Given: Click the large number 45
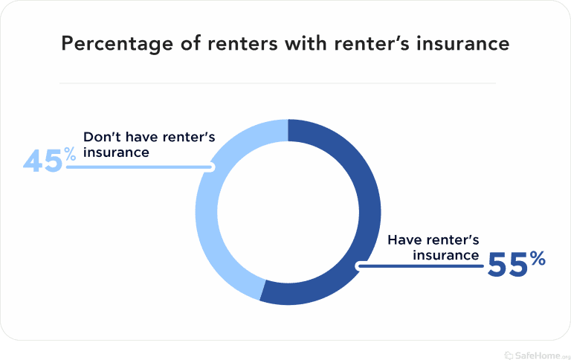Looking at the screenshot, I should tap(42, 161).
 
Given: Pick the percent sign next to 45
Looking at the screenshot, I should tap(69, 155).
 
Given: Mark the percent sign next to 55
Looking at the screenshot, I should tap(538, 260).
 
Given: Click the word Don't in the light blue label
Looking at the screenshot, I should tap(100, 138).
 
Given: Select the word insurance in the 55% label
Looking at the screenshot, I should tap(445, 255).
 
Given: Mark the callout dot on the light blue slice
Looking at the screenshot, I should tap(211, 167).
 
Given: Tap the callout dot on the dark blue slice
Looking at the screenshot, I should tap(361, 265).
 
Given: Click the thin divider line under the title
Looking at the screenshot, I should tap(277, 83).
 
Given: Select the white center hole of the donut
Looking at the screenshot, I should tap(288, 212).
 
